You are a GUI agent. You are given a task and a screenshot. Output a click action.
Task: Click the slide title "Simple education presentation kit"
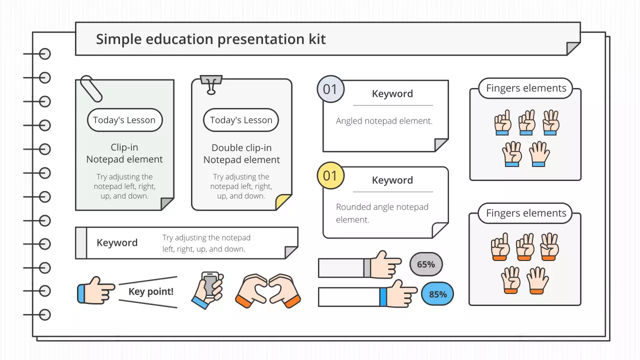[210, 39]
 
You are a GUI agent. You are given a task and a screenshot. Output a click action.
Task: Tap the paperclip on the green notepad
[91, 88]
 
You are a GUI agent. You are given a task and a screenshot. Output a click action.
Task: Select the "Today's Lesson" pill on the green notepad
[124, 120]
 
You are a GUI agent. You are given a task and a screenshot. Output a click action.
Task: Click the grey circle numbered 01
[330, 89]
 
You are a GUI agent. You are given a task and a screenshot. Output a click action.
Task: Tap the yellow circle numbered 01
[330, 175]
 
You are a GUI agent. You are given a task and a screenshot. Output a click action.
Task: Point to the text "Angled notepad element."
[384, 121]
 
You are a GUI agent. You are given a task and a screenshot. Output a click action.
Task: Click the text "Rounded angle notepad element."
[382, 213]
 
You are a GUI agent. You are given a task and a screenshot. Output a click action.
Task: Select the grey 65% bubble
[426, 264]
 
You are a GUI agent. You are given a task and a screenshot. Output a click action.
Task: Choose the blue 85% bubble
[437, 294]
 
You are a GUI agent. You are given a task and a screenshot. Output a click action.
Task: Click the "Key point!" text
[151, 291]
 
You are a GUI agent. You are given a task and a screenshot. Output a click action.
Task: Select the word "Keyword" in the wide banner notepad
[117, 243]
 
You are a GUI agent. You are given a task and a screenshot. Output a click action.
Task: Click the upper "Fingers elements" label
[526, 88]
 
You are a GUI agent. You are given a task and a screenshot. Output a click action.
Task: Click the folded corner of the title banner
[573, 48]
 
